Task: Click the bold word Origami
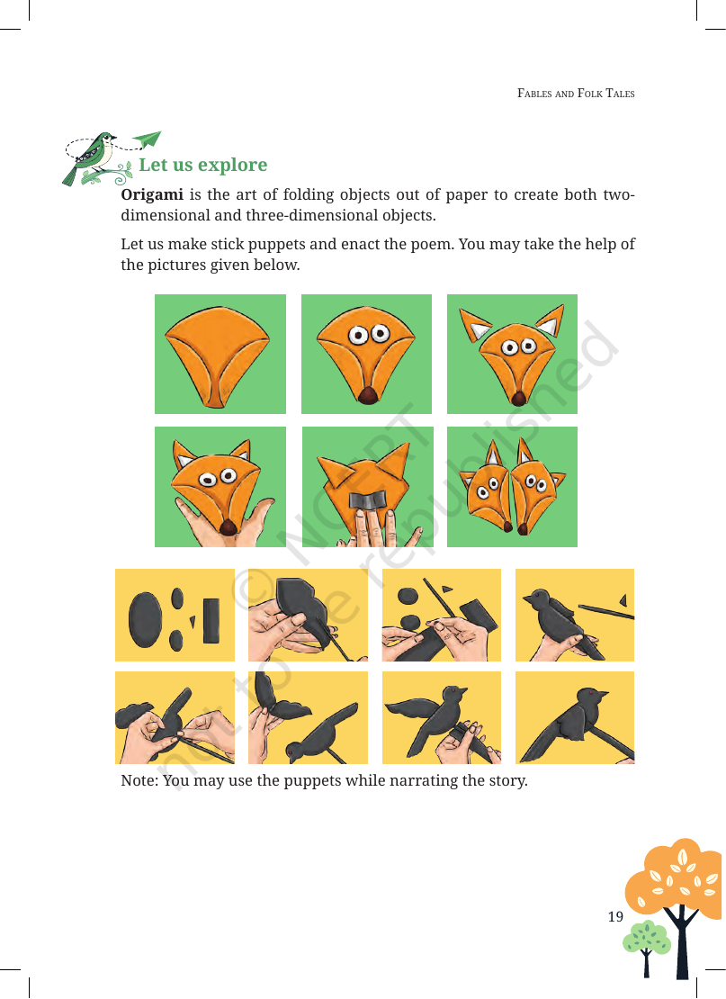[x=151, y=195]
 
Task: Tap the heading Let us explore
[x=203, y=165]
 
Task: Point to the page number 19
[x=615, y=917]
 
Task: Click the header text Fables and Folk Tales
[x=576, y=94]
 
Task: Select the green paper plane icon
[x=148, y=139]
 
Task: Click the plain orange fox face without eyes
[x=217, y=356]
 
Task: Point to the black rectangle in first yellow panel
[x=211, y=620]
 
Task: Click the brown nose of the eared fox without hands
[x=519, y=400]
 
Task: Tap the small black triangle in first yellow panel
[x=192, y=621]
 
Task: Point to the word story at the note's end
[x=507, y=781]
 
